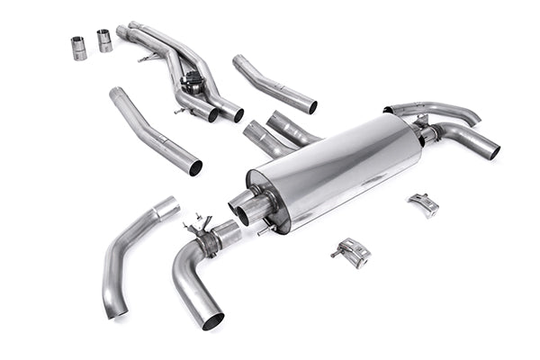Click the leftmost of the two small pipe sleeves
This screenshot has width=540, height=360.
coord(78,47)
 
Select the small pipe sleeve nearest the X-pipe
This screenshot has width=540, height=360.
coord(104,40)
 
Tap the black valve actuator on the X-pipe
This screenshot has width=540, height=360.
coord(192,83)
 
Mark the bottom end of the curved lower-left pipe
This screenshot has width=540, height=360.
coord(114,310)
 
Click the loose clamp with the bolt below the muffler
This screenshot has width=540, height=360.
coord(353,252)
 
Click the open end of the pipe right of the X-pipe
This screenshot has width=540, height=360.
coord(311,107)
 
